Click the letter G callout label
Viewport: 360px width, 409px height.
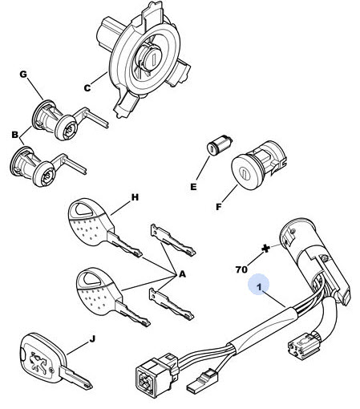coord(23,74)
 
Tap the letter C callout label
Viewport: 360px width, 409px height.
coord(87,88)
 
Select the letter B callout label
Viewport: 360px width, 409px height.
coord(15,135)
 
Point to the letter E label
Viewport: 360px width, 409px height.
coord(193,187)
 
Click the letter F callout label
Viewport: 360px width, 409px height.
coord(219,207)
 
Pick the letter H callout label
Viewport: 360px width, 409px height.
coord(135,197)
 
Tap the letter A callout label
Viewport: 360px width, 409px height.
coord(182,274)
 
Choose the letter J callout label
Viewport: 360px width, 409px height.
coord(92,339)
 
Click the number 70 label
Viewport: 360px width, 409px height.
coord(241,269)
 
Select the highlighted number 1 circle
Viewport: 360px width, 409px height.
coord(258,284)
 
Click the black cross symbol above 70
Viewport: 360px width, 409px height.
coord(265,249)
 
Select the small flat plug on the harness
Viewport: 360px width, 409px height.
coord(204,379)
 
